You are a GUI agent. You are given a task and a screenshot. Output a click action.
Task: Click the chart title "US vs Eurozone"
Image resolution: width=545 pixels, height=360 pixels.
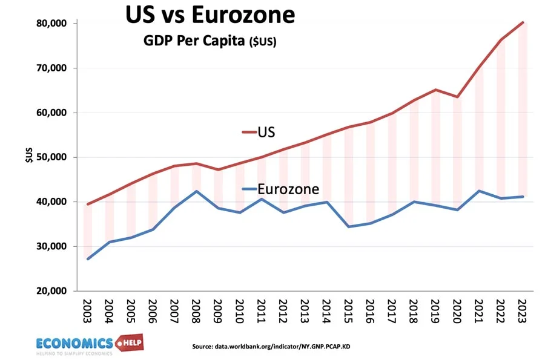pos(210,15)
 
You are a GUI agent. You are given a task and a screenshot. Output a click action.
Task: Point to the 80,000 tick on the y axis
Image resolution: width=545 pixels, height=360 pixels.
pos(51,24)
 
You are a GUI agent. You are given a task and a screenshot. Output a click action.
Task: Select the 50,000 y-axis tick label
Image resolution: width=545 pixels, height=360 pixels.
pos(51,157)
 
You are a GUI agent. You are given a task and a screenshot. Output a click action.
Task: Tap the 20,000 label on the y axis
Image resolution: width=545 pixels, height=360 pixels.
pos(51,291)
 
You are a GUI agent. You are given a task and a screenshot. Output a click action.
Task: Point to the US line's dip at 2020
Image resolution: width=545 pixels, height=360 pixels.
pos(457,97)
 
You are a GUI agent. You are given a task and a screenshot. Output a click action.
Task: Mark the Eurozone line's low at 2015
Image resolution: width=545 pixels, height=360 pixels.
pos(348,226)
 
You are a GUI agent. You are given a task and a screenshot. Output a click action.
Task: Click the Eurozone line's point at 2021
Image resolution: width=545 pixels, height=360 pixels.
pos(479,191)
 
